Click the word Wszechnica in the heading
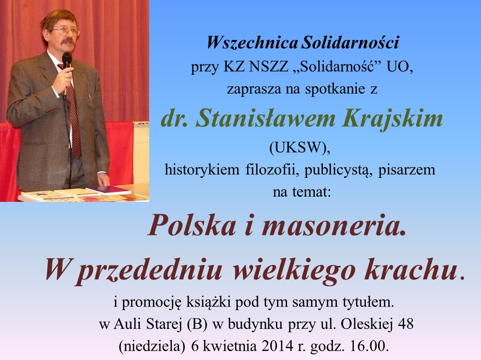coord(252,42)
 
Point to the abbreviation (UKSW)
coord(300,148)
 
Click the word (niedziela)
coord(152,346)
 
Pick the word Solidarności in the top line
coord(350,42)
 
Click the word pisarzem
coord(407,169)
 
